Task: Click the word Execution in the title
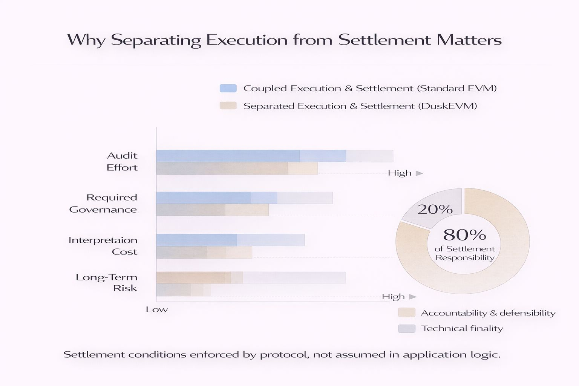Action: coord(247,40)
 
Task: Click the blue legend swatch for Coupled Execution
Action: coord(228,88)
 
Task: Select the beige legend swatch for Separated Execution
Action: coord(228,106)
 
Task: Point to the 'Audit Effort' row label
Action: coord(122,161)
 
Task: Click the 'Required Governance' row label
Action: coord(103,204)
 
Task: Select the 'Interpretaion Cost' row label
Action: coord(103,246)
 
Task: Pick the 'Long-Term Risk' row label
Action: coord(106,283)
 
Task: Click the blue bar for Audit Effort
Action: coord(251,156)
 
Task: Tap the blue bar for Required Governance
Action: coord(216,198)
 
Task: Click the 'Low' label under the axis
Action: coord(156,309)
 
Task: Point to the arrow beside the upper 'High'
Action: coord(419,173)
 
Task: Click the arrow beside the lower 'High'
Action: coord(413,297)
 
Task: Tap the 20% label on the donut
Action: coord(435,209)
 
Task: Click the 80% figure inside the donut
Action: coord(464,235)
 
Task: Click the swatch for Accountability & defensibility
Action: coord(406,312)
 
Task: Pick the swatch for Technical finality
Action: coord(406,328)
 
